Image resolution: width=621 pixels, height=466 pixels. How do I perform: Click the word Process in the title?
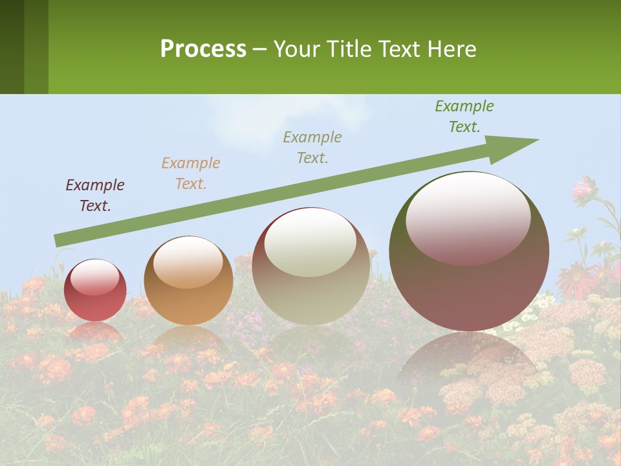coord(203,49)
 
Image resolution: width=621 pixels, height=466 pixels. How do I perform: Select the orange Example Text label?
coord(191,173)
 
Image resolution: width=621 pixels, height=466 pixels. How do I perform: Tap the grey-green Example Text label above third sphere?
coord(312,147)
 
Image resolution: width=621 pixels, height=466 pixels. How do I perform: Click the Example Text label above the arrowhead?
coord(464,116)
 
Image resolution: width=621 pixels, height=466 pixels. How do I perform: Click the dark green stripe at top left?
coord(12,47)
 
